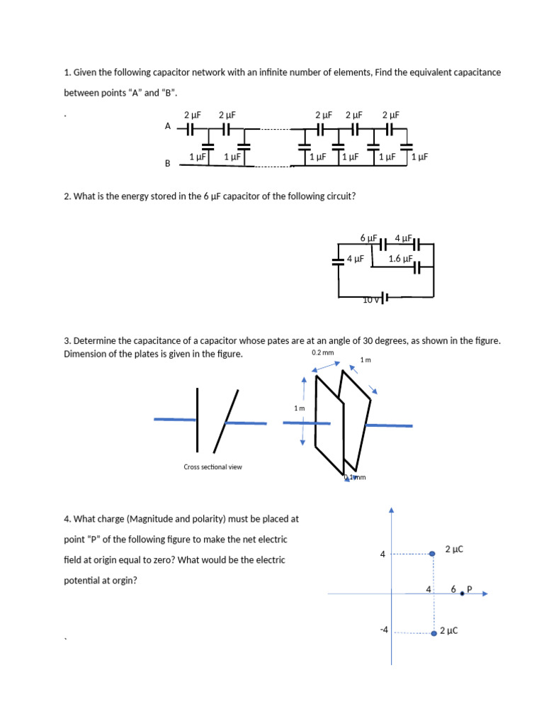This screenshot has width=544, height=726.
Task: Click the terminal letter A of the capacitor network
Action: point(168,125)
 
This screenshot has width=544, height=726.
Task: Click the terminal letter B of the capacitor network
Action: point(168,163)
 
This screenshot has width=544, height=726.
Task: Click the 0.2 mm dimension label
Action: point(322,352)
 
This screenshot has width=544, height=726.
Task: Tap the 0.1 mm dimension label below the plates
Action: point(355,477)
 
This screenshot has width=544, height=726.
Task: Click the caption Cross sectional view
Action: point(212,467)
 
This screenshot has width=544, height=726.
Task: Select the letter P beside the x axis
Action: point(469,589)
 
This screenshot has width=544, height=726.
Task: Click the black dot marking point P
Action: point(462,593)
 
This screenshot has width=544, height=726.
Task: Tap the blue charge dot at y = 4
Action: point(432,554)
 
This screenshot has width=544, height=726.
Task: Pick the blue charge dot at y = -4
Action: point(433,633)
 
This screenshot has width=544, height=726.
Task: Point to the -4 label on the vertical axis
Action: point(383,629)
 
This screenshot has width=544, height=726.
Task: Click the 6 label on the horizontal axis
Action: point(453,589)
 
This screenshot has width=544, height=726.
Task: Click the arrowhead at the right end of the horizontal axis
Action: point(485,593)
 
